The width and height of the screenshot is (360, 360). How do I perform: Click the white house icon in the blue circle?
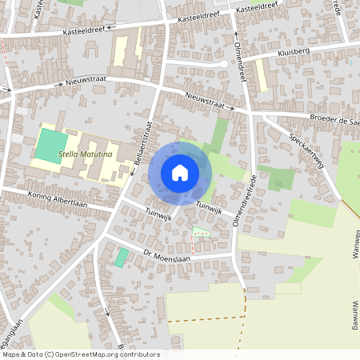click(x=180, y=172)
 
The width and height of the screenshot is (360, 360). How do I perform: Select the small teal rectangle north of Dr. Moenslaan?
click(x=121, y=258)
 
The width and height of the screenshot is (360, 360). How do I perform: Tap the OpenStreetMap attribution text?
click(x=80, y=354)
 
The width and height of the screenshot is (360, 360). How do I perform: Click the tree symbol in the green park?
click(x=279, y=184)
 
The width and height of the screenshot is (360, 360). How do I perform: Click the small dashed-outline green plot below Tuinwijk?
click(x=201, y=232)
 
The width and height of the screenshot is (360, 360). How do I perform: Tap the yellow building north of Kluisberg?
click(x=261, y=76)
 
